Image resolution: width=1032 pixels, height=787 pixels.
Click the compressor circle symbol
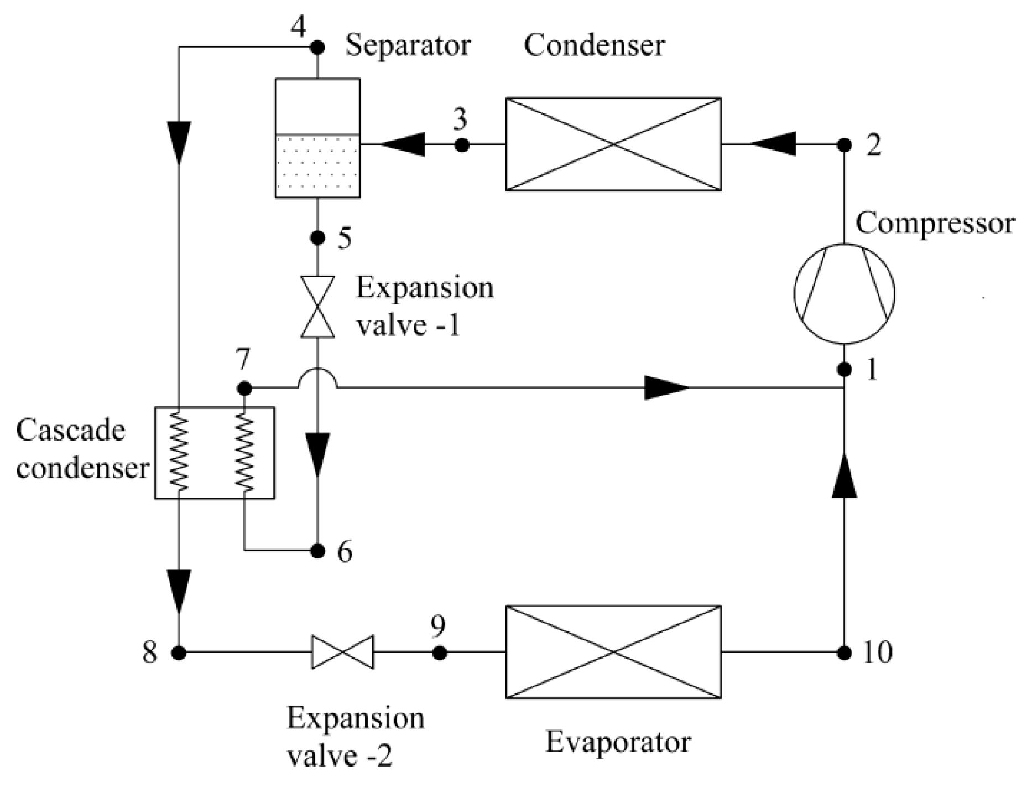pos(844,293)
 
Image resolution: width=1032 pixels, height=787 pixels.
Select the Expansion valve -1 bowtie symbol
pos(317,307)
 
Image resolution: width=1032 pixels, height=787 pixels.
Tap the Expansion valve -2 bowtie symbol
pos(342,653)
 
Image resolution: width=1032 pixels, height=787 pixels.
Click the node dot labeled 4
pos(317,48)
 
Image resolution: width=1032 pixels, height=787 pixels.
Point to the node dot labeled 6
pos(317,551)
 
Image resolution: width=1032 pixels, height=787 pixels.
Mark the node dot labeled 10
pos(844,653)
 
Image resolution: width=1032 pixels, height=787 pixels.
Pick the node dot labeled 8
pos(179,653)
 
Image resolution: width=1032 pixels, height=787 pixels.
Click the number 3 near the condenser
pos(460,119)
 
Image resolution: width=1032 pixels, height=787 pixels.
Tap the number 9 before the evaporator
pos(437,627)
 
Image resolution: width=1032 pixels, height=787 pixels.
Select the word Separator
pos(408,45)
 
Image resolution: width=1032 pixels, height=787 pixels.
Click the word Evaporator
pos(618,742)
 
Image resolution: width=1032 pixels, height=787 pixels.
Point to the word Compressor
pos(935,224)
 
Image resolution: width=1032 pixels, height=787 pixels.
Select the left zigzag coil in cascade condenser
pos(179,452)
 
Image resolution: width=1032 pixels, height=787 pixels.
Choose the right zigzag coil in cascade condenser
pos(244,452)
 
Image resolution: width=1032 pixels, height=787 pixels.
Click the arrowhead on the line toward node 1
pos(666,387)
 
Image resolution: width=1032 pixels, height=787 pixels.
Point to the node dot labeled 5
pos(317,238)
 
